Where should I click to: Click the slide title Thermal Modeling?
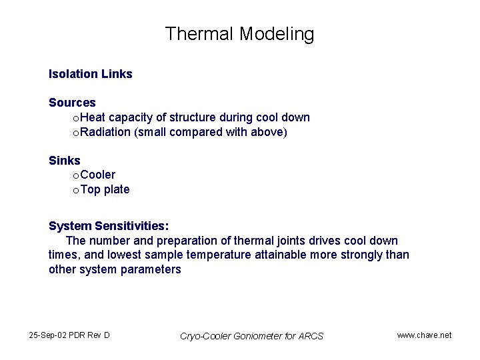click(x=239, y=33)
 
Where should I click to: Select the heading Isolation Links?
click(x=90, y=74)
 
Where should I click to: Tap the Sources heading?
click(x=72, y=103)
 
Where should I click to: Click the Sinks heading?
click(x=64, y=161)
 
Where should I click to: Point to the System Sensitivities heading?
click(x=109, y=226)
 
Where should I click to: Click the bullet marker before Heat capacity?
click(x=75, y=118)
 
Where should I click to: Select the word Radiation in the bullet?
click(x=105, y=132)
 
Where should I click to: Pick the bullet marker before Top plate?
click(x=75, y=190)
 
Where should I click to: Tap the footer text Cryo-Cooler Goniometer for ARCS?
click(x=251, y=336)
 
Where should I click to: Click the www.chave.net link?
click(x=424, y=335)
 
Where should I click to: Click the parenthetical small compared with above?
click(x=211, y=132)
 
